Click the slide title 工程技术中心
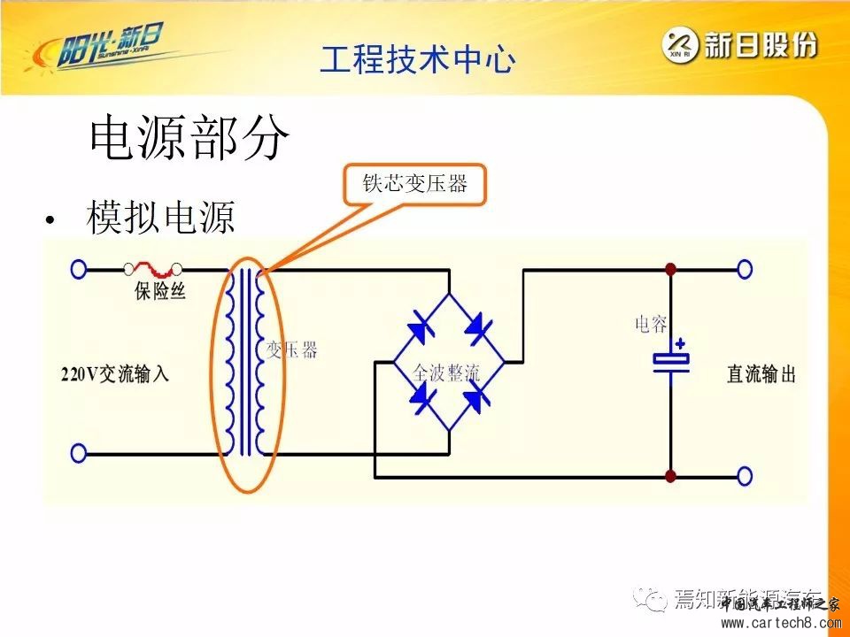pos(416,60)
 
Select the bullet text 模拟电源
pos(160,218)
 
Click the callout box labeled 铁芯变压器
pos(414,184)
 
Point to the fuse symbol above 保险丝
pos(155,268)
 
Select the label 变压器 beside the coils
pos(291,350)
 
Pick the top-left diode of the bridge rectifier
pos(419,328)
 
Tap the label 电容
pos(653,325)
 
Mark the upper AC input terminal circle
pos(79,269)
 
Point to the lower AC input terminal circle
pos(79,454)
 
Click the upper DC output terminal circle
pos(745,269)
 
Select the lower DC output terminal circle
pos(745,476)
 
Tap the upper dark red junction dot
pos(671,269)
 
